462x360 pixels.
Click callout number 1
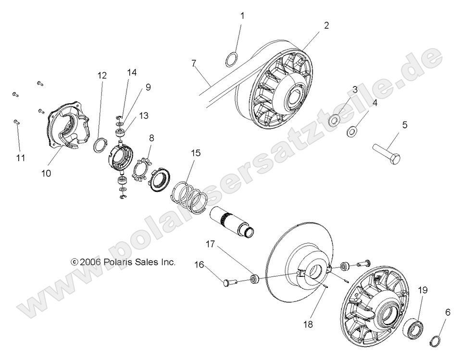242,16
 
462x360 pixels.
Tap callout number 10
46,173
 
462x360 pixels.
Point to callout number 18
308,324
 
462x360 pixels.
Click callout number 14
132,73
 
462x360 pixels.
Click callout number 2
326,25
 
